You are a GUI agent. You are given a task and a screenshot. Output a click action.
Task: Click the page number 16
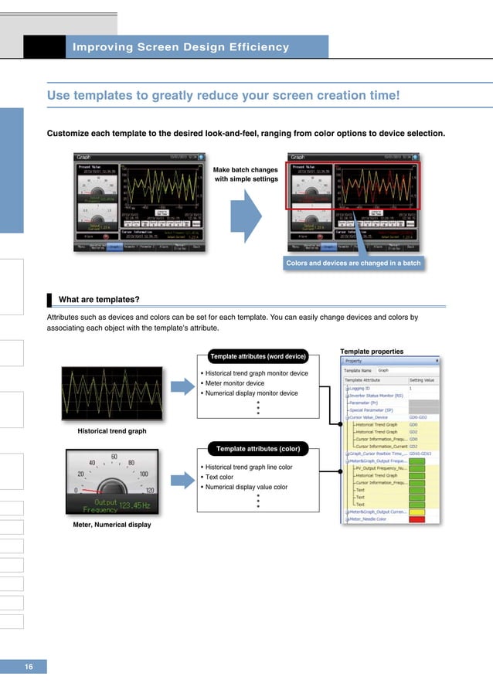pos(29,666)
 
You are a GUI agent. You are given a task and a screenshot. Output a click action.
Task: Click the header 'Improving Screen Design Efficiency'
pos(180,47)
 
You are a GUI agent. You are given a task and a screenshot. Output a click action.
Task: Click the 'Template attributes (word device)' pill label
pos(258,356)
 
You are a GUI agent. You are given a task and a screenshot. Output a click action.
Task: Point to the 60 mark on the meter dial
pos(114,457)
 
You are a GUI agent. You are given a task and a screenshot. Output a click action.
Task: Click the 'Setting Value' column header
pos(421,380)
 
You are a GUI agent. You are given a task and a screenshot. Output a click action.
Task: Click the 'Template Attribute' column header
pos(368,380)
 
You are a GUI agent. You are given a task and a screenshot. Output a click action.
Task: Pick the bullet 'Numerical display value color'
pos(246,487)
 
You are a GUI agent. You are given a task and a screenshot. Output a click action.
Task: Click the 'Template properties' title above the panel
pos(372,352)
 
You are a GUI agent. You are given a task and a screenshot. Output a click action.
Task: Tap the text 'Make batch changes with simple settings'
pos(245,174)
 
